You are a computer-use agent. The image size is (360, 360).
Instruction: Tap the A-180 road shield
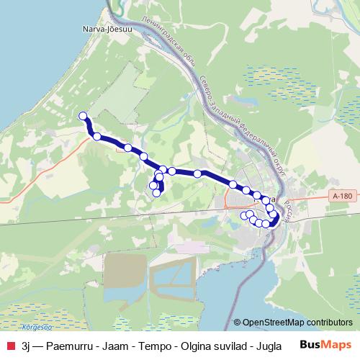[x=343, y=195]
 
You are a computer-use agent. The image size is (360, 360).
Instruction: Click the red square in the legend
[x=9, y=345]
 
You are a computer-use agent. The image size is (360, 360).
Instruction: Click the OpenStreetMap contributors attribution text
[x=297, y=322]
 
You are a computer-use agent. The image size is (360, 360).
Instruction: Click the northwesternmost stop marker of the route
[x=83, y=116]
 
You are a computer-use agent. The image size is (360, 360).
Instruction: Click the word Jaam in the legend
[x=113, y=345]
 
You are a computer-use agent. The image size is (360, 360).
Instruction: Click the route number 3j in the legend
[x=27, y=345]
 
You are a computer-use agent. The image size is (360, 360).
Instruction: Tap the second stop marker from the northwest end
[x=96, y=135]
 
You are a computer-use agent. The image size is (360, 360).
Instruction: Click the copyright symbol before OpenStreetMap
[x=237, y=322]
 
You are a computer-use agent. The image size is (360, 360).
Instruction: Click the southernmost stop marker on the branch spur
[x=156, y=192]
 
